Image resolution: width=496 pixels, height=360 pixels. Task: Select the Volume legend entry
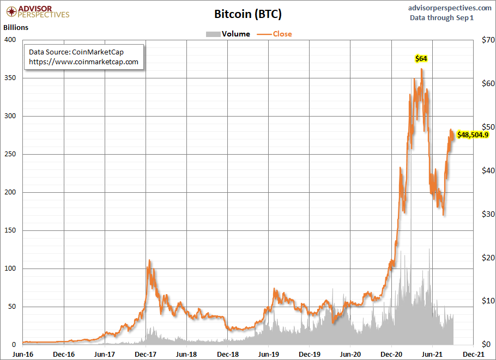(x=235, y=34)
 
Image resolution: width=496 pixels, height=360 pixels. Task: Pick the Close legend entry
(x=282, y=34)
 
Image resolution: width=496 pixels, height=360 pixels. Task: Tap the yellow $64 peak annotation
(x=421, y=58)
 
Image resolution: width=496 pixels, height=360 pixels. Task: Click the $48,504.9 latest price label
(x=473, y=134)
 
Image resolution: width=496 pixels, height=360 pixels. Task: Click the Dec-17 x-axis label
(x=146, y=353)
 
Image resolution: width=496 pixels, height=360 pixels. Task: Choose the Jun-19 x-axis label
(x=268, y=353)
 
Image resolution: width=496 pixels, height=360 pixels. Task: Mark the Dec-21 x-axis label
(x=473, y=353)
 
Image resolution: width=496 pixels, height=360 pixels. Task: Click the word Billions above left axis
(x=16, y=27)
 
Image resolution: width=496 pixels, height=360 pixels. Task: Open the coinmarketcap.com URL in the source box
(x=83, y=62)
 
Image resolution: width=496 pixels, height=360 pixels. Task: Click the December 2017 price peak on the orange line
(x=149, y=260)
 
